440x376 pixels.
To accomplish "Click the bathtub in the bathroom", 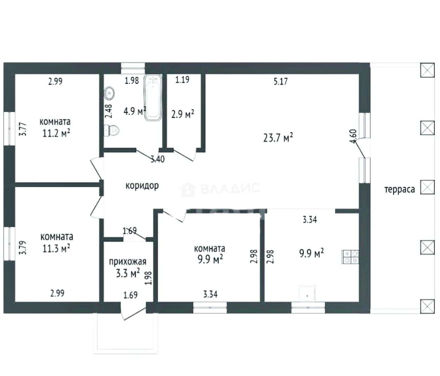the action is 153,98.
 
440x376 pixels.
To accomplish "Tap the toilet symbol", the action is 112,130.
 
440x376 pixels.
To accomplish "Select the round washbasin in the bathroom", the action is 109,93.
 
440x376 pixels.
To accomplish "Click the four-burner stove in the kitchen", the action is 350,257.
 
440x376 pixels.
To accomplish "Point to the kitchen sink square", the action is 307,294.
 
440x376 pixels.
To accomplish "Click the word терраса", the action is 400,189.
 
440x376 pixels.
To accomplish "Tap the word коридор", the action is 142,186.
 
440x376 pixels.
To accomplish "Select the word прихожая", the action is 128,262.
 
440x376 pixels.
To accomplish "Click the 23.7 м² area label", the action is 278,137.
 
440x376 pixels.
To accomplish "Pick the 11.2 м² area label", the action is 56,133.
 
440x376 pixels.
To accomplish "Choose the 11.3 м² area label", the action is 56,248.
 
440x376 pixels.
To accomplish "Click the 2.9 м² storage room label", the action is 183,114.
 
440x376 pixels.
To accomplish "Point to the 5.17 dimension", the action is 281,81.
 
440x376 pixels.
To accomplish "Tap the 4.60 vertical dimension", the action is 353,136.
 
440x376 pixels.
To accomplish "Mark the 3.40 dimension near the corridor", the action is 158,159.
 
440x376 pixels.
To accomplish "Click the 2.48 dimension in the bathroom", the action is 108,111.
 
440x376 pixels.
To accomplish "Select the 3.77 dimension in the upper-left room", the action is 23,129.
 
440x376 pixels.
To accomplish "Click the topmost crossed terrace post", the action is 427,70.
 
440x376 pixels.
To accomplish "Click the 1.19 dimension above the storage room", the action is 182,80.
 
